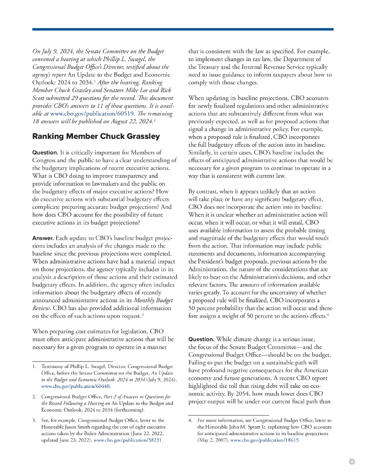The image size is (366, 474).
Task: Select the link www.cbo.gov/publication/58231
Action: coord(128,441)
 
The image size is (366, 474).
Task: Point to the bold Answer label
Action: coord(43,238)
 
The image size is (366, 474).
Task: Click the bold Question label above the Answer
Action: coord(44,152)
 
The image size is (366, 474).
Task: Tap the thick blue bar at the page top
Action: coord(183,29)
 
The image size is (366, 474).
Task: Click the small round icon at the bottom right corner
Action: coord(352,461)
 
